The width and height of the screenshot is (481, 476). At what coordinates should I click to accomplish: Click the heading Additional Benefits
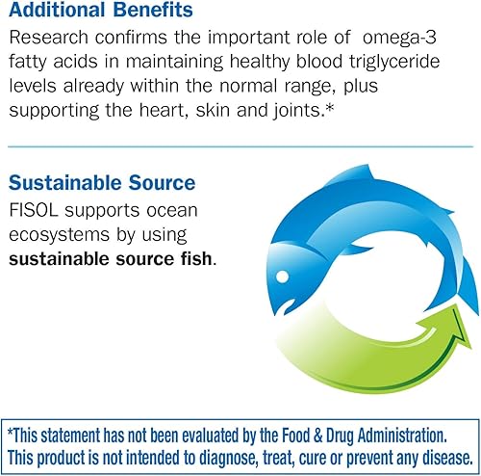click(101, 10)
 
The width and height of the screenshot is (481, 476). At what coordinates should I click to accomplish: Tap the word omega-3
click(399, 38)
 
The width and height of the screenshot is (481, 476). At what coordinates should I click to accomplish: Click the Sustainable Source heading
click(102, 183)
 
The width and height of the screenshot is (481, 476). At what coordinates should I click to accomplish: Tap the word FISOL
click(34, 210)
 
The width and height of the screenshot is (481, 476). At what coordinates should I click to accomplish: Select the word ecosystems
click(60, 235)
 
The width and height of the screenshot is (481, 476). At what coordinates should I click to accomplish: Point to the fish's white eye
click(282, 277)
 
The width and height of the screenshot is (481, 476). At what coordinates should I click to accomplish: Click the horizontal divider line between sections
click(240, 146)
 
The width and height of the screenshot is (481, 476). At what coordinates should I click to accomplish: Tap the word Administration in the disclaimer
click(402, 436)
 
